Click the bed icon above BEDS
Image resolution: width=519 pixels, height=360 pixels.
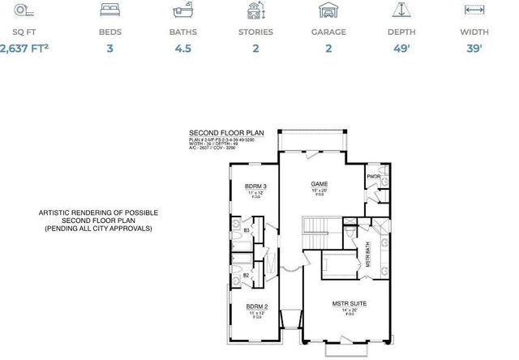(110, 10)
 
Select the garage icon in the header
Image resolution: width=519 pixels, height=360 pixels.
(329, 11)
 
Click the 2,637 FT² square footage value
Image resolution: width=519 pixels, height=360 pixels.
(25, 49)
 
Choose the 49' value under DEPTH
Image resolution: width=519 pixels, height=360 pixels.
(402, 49)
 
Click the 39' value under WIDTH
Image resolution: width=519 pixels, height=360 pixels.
(474, 49)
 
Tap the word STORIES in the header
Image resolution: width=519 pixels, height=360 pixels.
(256, 32)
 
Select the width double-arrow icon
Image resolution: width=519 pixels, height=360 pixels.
(474, 10)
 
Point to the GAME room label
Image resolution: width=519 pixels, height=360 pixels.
(319, 184)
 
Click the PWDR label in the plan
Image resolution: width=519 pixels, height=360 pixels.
(373, 176)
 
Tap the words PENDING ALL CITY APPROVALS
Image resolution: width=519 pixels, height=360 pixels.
(98, 229)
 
